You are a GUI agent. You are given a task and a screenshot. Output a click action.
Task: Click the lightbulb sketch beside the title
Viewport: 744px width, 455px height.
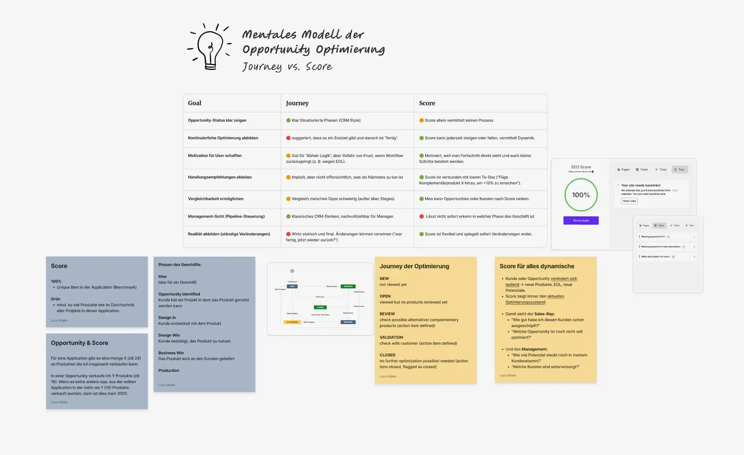click(x=210, y=47)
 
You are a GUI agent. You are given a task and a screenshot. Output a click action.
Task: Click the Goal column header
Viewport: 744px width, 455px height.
click(x=195, y=103)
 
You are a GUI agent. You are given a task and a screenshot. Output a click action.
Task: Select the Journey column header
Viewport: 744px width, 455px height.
click(x=297, y=103)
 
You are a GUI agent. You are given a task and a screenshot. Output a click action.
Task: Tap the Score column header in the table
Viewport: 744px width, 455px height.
click(x=427, y=103)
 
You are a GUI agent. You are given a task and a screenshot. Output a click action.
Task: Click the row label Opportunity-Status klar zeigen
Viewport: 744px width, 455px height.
click(x=217, y=120)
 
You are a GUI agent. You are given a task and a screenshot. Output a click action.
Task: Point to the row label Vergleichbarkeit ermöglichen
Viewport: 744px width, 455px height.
click(x=215, y=199)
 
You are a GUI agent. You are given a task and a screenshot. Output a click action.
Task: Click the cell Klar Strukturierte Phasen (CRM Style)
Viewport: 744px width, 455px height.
click(x=326, y=120)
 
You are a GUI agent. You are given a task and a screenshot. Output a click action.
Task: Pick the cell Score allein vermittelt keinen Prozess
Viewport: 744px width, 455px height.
click(x=459, y=120)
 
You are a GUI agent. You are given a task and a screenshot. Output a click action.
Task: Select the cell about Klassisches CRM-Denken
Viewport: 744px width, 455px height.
click(x=342, y=216)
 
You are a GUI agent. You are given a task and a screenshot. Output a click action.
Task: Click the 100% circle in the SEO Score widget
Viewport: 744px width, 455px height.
click(x=581, y=195)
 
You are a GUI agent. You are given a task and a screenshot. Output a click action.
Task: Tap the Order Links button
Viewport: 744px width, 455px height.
click(x=629, y=201)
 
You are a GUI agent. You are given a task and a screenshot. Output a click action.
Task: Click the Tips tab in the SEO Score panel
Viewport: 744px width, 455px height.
click(x=680, y=169)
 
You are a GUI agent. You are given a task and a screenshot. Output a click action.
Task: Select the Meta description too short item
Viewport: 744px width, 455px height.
click(x=655, y=257)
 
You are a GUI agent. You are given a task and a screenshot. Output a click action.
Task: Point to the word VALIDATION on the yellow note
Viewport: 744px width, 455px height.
click(x=391, y=337)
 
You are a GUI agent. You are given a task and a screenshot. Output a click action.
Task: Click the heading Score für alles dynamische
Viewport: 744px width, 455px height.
click(x=536, y=266)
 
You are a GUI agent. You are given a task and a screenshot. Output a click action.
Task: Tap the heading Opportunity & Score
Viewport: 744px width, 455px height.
click(x=79, y=343)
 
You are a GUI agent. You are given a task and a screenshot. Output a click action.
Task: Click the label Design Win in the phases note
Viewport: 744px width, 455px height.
click(x=169, y=335)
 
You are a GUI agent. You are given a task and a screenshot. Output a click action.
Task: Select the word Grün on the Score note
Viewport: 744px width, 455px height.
click(x=55, y=299)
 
